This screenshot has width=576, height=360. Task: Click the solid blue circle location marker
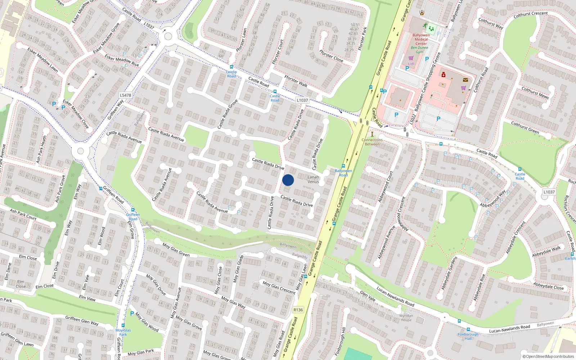[288, 180]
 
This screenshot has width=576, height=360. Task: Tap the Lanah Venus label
[313, 179]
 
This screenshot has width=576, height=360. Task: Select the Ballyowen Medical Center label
[421, 39]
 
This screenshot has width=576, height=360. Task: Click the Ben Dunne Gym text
[419, 50]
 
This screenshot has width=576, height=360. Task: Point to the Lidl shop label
[411, 64]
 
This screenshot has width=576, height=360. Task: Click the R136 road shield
[298, 310]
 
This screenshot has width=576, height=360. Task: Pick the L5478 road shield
[125, 95]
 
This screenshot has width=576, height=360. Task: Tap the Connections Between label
[372, 142]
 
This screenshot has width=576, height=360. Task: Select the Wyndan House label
[406, 318]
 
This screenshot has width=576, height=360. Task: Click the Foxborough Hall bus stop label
[468, 336]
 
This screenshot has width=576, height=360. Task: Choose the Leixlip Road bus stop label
[231, 74]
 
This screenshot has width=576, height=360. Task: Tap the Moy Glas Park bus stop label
[123, 332]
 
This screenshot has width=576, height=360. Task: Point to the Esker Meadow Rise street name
[122, 60]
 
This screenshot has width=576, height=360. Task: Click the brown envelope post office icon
[465, 80]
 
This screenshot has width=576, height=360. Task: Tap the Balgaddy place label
[300, 256]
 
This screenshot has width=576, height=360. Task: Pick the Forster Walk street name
[296, 81]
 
